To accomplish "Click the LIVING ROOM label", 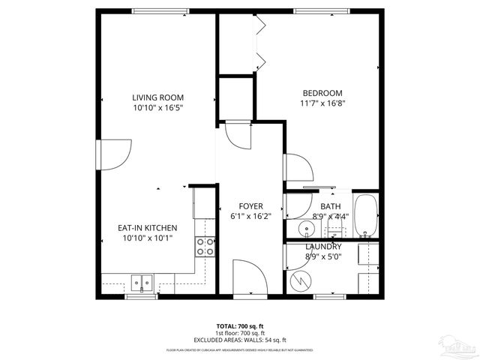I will [157, 97].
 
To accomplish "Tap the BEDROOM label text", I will [322, 92].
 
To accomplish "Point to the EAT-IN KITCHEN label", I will [147, 228].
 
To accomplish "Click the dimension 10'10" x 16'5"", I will [157, 108].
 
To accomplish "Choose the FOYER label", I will [250, 206].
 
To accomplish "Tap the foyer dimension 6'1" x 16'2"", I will [250, 217].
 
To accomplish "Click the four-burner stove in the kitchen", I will [205, 247].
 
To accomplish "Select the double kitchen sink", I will [141, 283].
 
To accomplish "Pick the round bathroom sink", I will [306, 229].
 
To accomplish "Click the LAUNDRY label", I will [323, 247].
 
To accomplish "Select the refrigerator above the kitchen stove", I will [203, 204].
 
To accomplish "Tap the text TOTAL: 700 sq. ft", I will [240, 326].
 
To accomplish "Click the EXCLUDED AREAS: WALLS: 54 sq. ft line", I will [240, 340].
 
